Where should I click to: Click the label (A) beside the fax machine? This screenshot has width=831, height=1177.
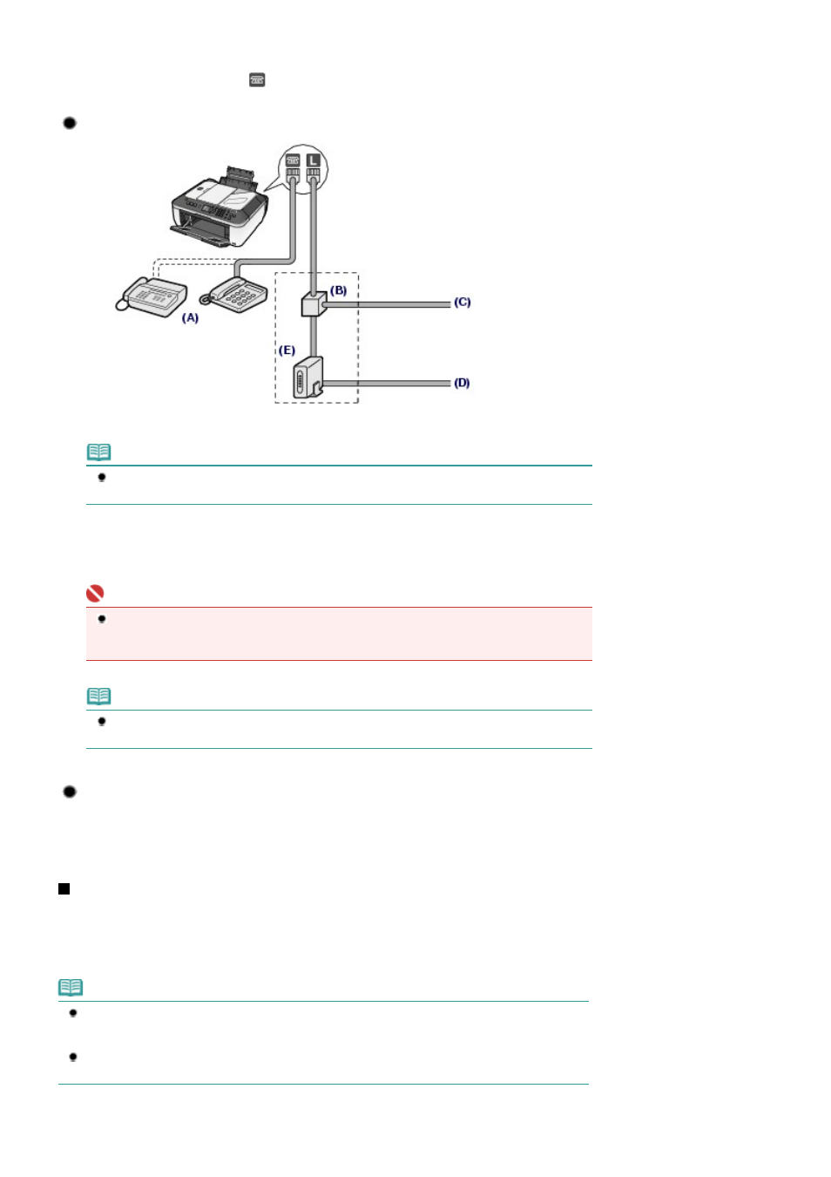[190, 318]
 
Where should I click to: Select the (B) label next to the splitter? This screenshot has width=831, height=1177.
[338, 290]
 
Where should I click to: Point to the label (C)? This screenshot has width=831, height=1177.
[462, 303]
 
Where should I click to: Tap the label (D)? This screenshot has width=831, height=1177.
[462, 383]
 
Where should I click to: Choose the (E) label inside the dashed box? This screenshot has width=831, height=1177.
[287, 350]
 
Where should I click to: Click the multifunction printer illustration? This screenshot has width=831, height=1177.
[220, 207]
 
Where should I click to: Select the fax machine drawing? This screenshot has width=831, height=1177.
[152, 296]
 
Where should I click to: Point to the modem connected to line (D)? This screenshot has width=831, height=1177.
[308, 378]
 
